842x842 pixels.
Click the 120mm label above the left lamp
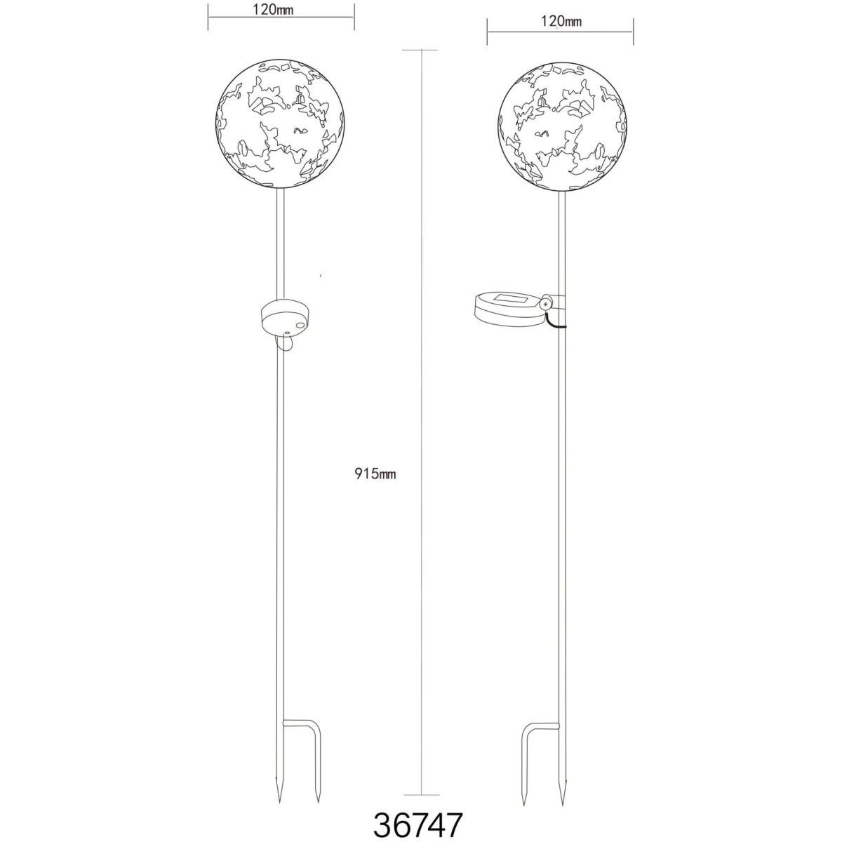point(273,10)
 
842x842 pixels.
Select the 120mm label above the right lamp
point(561,21)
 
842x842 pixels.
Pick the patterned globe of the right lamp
point(561,126)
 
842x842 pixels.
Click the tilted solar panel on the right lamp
point(509,309)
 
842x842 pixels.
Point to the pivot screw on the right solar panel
point(545,304)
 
